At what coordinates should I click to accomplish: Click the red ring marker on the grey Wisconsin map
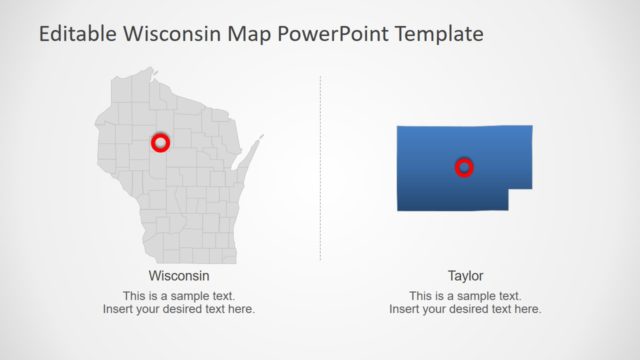(159, 143)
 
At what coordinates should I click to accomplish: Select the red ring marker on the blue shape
(463, 167)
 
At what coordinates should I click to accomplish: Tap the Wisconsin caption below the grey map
(179, 275)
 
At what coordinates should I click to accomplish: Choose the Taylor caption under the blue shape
(465, 275)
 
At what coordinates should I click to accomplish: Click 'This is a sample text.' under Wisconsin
(179, 296)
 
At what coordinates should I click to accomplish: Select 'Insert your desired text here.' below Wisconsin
(179, 309)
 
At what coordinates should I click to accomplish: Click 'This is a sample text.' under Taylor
(465, 296)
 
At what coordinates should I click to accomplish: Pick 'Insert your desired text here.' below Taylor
(465, 309)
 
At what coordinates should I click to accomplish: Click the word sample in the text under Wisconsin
(191, 296)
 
